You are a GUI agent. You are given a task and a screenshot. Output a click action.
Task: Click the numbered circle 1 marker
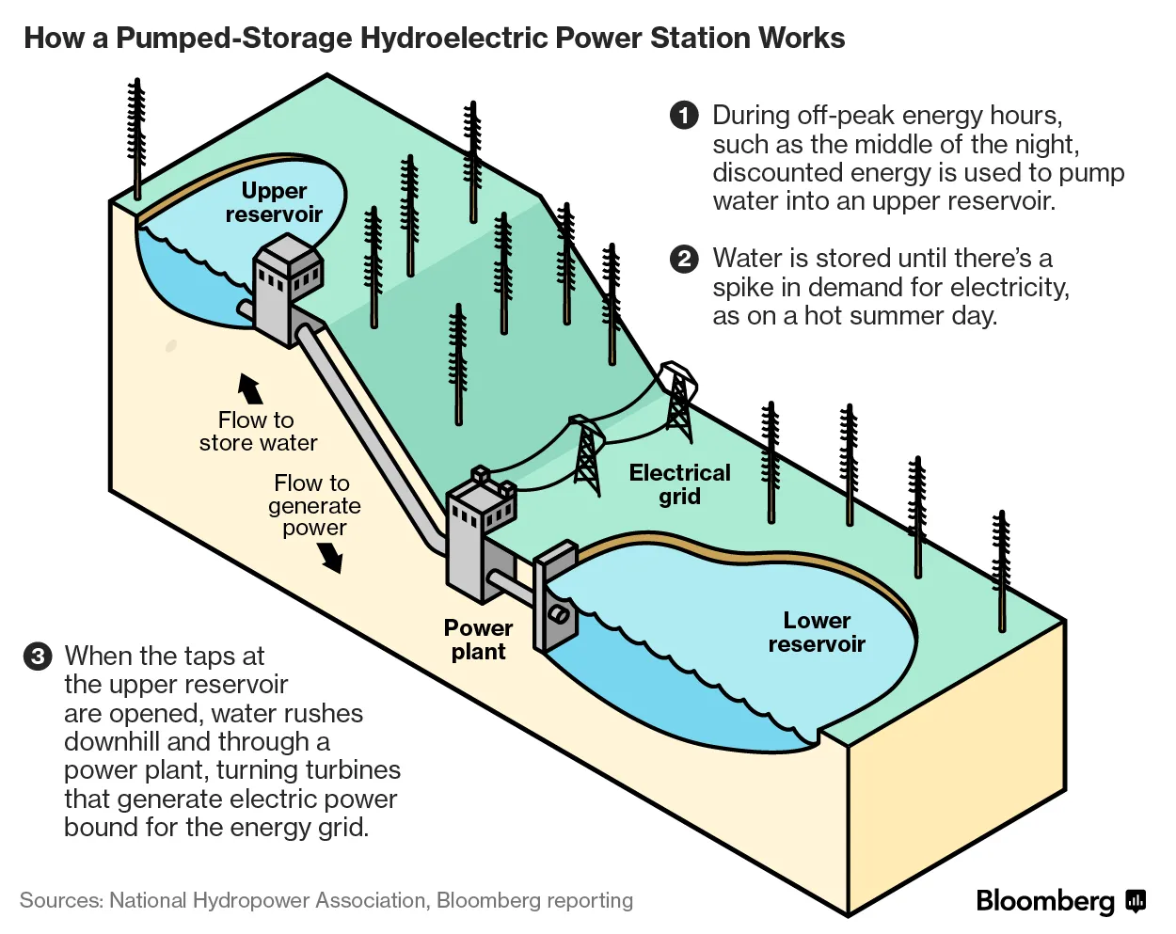684,115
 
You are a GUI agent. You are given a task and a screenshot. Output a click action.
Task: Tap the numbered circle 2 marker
684,259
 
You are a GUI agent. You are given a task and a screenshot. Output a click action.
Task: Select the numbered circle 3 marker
38,656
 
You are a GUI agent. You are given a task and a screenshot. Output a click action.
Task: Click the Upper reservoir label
274,202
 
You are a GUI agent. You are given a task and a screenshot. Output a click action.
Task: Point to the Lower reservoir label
817,632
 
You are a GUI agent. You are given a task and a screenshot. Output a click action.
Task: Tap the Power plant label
478,640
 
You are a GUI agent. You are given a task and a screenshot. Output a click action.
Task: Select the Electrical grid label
679,484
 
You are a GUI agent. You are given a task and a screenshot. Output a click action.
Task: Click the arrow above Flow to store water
250,388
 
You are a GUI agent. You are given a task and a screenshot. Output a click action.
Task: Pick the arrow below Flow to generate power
330,558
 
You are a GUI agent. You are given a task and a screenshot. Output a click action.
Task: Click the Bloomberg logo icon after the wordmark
1136,900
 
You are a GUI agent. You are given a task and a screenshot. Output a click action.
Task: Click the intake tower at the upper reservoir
286,287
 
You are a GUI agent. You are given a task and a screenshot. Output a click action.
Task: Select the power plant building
481,541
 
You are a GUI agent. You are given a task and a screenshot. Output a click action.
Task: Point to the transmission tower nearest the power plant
586,455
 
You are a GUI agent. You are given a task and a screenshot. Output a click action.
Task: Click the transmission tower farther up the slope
678,400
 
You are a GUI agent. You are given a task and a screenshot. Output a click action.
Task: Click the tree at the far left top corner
137,136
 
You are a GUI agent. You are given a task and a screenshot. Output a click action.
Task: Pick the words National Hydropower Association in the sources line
267,900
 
